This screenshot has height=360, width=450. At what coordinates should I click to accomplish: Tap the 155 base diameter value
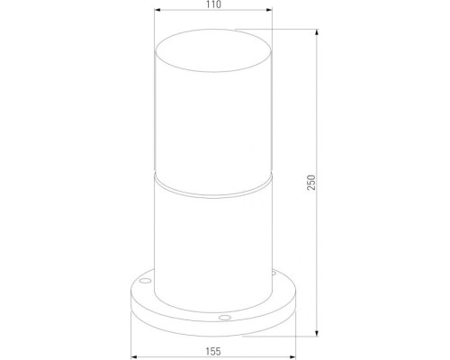pos(213,353)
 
